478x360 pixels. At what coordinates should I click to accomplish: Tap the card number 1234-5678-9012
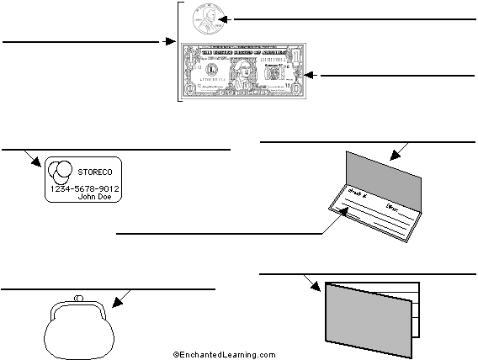84,188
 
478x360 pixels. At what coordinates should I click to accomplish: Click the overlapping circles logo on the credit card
61,172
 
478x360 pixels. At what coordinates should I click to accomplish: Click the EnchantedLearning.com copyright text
224,355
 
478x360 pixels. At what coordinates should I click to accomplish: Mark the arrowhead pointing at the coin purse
119,298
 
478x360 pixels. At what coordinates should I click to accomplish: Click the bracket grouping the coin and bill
179,50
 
